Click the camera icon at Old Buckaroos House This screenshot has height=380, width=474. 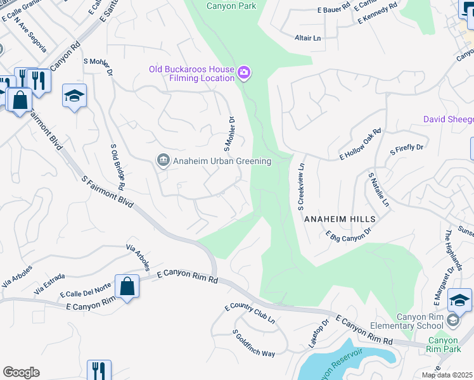pos(243,74)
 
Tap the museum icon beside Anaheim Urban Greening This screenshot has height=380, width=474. pos(163,161)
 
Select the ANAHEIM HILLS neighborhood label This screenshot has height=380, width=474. pos(340,218)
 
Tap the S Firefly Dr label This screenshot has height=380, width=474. pos(406,148)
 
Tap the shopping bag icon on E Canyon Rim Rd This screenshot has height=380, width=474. pos(127,286)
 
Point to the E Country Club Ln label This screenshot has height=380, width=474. pos(250,313)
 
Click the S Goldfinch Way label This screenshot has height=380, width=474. pos(253,343)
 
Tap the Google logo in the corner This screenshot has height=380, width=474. pos(21,372)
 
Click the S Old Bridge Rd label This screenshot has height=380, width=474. pos(117,167)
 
